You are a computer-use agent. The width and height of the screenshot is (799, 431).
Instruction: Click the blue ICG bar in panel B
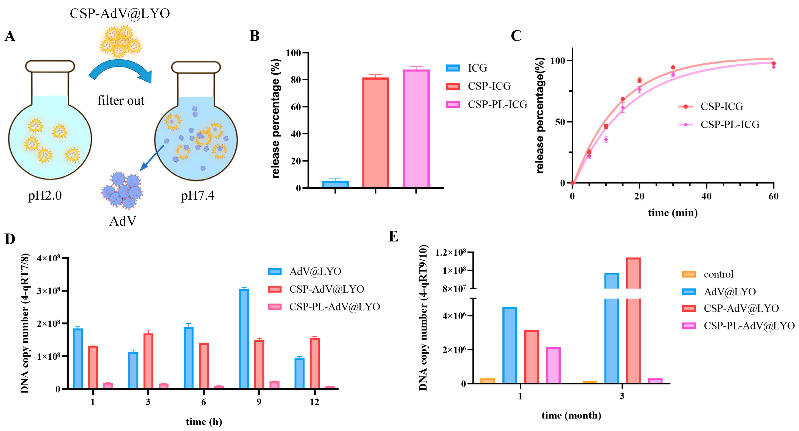[335, 184]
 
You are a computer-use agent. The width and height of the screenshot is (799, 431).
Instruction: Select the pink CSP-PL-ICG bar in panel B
[416, 129]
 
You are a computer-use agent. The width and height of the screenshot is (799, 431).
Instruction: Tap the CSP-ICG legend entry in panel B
[478, 86]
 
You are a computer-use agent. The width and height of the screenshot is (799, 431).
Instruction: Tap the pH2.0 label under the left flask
[45, 196]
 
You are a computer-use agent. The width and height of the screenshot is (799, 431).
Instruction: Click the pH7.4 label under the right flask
[198, 196]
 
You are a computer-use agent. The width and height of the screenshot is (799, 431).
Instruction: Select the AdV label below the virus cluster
[123, 221]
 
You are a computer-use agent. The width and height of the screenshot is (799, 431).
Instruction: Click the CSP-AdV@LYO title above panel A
[120, 14]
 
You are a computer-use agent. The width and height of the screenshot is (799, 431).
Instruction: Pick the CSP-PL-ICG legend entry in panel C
[719, 124]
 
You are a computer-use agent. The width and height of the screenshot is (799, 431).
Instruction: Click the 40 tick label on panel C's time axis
[707, 196]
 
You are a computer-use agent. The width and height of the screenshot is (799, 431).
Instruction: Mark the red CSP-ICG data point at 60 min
[774, 63]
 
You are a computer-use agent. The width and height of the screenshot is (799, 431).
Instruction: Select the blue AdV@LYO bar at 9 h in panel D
[244, 339]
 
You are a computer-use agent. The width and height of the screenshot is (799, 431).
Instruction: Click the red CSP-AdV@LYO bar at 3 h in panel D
[148, 361]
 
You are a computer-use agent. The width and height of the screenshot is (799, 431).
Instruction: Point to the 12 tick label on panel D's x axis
[314, 402]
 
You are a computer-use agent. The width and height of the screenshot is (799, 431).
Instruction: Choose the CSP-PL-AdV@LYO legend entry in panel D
[324, 307]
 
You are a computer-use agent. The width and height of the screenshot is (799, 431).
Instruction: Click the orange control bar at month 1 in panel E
[488, 381]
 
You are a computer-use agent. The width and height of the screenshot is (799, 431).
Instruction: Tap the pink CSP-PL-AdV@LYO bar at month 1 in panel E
[553, 365]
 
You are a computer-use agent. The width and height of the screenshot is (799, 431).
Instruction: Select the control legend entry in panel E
[708, 274]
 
